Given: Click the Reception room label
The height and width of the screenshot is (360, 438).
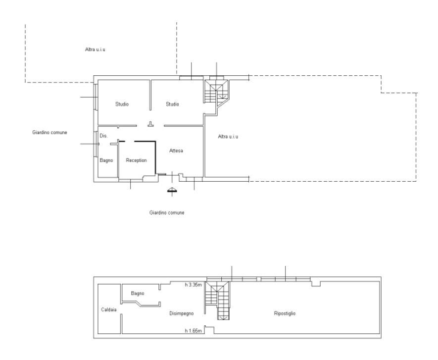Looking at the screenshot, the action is [x=136, y=160].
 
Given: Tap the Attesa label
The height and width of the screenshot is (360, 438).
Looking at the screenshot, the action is [x=176, y=151].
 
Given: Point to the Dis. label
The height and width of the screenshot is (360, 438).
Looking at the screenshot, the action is [x=103, y=136].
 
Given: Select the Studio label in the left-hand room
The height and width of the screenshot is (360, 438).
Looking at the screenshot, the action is [x=122, y=104].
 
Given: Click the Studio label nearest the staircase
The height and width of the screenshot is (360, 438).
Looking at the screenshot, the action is [x=172, y=104].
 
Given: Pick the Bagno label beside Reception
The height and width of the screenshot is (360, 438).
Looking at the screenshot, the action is [x=106, y=160].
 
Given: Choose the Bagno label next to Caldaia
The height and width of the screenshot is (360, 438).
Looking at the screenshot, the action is [x=138, y=293].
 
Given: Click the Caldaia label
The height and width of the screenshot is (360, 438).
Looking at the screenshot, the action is [x=109, y=309].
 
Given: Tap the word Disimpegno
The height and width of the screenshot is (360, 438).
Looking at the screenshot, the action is [x=182, y=313].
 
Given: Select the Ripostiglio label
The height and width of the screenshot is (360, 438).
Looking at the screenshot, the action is [x=285, y=313].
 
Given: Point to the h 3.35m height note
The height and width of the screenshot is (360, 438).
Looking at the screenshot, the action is [x=193, y=285].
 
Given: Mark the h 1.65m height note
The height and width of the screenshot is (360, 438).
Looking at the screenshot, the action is [x=193, y=331].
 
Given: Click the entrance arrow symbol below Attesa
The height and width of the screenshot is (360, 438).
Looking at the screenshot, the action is [x=172, y=190].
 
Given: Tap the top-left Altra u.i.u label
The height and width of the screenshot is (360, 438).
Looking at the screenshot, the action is [x=95, y=50].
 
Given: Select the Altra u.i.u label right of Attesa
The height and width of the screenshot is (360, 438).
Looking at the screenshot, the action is [x=228, y=136].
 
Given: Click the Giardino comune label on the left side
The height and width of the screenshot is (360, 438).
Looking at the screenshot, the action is [x=49, y=133].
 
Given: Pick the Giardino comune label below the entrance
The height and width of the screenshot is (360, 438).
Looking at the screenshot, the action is [x=167, y=213].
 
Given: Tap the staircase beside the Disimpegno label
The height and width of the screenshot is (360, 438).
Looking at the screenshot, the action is [x=217, y=300].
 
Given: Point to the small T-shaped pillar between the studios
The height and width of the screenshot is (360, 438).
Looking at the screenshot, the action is [x=151, y=124].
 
